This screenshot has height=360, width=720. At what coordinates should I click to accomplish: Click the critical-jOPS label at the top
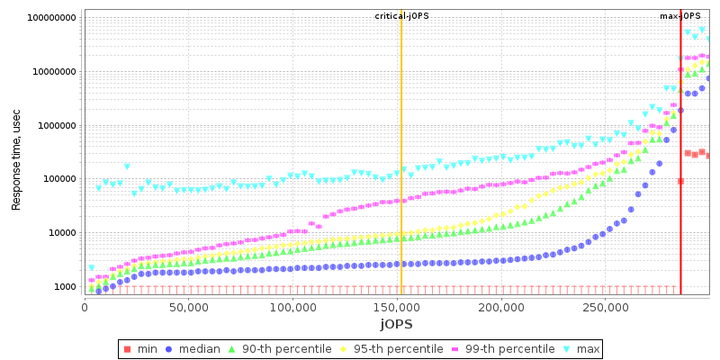tap(401, 16)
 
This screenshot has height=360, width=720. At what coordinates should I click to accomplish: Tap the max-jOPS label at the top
tap(679, 16)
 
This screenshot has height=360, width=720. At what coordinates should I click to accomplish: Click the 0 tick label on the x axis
tap(85, 308)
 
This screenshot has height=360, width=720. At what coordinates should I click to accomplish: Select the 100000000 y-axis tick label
tap(52, 18)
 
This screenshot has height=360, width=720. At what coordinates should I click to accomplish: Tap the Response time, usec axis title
tap(16, 156)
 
